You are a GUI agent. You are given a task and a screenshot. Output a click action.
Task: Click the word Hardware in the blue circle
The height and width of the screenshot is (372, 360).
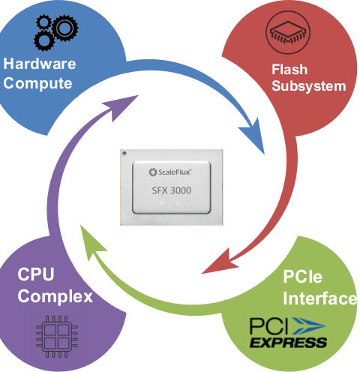pos(40,64)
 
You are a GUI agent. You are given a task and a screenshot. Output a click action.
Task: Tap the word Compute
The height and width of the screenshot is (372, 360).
pos(37,83)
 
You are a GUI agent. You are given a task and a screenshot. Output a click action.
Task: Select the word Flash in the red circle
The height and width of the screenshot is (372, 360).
pos(289,69)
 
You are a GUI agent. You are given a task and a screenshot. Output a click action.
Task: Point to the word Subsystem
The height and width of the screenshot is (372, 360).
pos(309,86)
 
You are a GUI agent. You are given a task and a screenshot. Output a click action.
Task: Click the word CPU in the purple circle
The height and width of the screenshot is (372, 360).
pos(36,274)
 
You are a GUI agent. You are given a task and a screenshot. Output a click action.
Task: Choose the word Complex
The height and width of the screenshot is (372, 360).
pos(55,297)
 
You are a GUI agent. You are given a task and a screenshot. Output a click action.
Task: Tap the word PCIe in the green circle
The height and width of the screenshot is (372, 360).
pos(303,277)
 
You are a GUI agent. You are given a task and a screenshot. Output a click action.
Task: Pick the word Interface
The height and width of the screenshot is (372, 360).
pos(320,298)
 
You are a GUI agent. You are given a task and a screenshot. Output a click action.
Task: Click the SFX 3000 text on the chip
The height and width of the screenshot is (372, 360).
pos(172,190)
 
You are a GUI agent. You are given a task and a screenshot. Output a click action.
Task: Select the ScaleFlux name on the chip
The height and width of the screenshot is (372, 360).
pos(170,172)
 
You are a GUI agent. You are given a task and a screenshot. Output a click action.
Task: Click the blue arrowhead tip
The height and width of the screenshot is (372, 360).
pos(264,154)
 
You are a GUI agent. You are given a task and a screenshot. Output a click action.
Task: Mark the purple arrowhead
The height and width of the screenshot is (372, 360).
pos(122,106)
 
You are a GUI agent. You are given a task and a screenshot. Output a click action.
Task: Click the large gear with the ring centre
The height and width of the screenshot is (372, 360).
pos(65,28)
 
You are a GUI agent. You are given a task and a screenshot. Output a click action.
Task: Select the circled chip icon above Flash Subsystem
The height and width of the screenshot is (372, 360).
pos(288,32)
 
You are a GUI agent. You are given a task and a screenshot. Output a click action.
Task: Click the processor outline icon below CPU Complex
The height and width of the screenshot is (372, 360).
pos(57,337)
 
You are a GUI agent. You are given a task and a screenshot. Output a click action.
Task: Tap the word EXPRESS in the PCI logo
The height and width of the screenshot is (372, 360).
pos(288,342)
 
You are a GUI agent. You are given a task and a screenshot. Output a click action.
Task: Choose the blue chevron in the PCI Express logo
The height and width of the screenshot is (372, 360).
pos(309,326)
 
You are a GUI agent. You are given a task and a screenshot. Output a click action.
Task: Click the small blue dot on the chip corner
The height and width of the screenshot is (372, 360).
pos(124,153)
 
